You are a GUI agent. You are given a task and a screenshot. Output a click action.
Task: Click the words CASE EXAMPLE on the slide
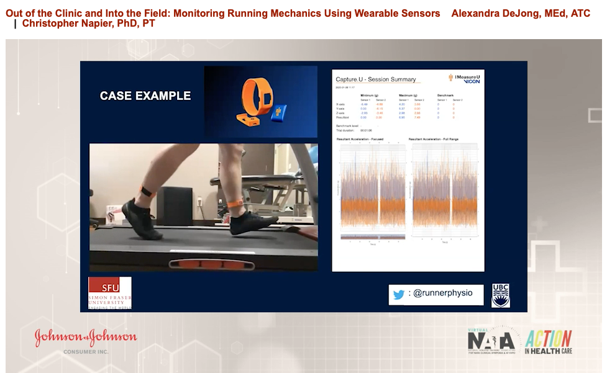pos(145,96)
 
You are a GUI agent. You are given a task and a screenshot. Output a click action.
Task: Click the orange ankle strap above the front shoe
pos(235,203)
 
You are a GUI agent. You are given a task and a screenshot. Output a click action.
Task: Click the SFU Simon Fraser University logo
pos(109,293)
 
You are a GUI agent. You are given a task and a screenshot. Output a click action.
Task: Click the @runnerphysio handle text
pos(441,294)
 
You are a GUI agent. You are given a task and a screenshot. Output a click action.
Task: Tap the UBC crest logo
pos(501,295)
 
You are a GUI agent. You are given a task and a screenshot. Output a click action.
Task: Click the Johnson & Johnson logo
pos(86,337)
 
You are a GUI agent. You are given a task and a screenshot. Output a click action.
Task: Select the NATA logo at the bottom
pos(491,341)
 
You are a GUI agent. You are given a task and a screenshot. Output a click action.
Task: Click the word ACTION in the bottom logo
pos(549,339)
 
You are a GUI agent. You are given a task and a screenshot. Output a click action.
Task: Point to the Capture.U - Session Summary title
pos(376,79)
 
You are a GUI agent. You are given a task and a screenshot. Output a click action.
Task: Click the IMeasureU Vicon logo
pos(465,78)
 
